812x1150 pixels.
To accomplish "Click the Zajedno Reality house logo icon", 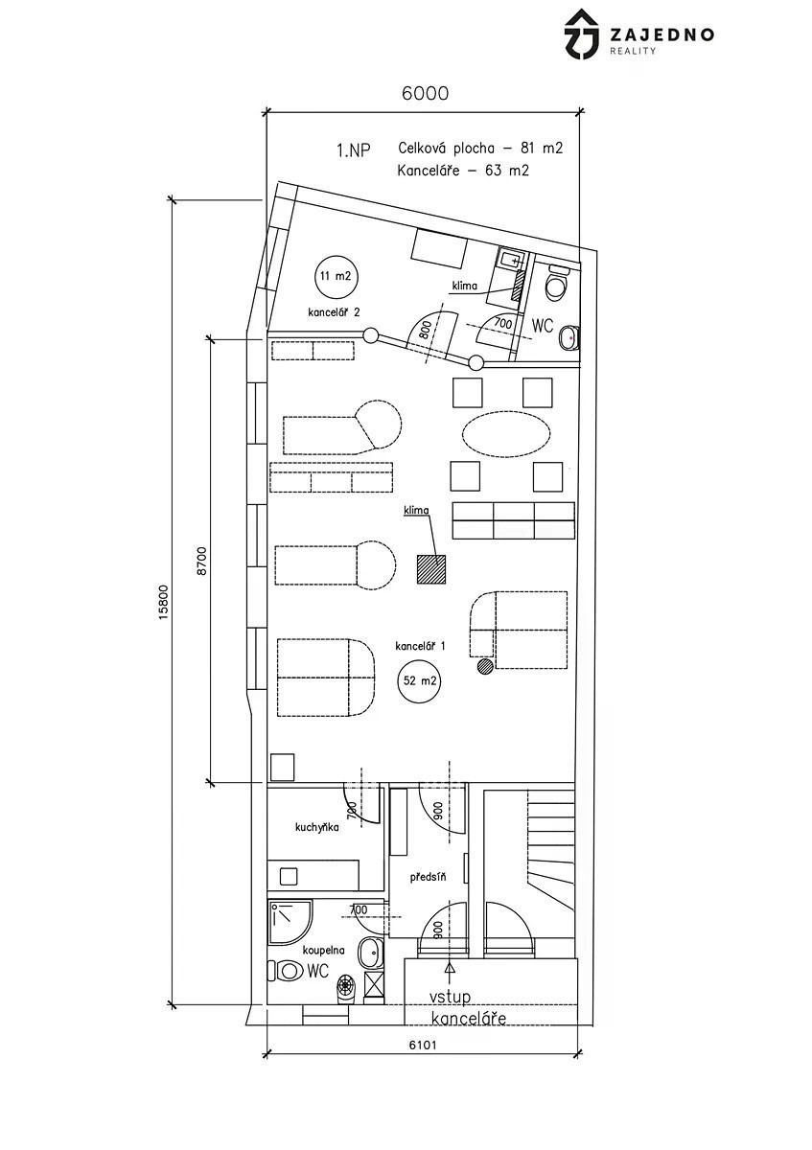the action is tap(582, 34).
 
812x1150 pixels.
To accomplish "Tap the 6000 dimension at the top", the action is tap(425, 94).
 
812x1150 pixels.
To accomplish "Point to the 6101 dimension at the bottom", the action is tap(423, 1045).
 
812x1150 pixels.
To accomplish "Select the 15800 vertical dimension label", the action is tap(163, 602).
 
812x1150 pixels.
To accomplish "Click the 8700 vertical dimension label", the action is tap(202, 562).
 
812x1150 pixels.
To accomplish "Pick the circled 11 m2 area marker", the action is tap(336, 276).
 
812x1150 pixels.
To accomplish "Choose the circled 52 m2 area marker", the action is tap(420, 680).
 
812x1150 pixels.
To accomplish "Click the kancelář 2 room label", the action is tap(334, 312).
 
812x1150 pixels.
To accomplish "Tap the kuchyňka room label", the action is tap(317, 828).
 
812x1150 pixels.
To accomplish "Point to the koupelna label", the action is tap(324, 951).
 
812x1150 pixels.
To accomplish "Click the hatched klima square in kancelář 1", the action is tap(430, 569).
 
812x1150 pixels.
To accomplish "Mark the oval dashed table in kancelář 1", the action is tap(506, 432).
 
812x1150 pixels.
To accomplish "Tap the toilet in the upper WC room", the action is tap(556, 284).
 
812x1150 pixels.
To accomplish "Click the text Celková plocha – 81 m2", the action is tap(480, 149).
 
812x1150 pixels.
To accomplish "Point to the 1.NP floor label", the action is tap(354, 150).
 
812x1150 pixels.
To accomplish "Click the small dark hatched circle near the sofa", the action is tap(485, 666).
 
